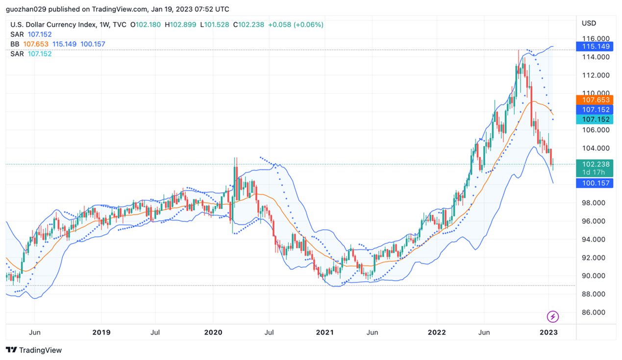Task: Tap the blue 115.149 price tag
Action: (x=596, y=47)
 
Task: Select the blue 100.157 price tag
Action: (x=596, y=183)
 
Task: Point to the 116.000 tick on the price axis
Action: (x=596, y=39)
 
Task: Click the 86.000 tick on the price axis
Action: (x=596, y=312)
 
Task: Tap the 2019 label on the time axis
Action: (x=101, y=333)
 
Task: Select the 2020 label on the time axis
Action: (x=213, y=333)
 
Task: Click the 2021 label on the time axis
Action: (x=324, y=333)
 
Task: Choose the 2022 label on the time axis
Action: (x=436, y=333)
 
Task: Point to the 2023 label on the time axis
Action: (x=548, y=333)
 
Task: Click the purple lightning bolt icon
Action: (x=553, y=317)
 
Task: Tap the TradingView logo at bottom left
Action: (x=34, y=350)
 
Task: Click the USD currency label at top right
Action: (x=589, y=24)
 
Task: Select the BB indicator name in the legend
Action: (x=15, y=44)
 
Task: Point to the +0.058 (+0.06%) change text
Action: (x=296, y=24)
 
